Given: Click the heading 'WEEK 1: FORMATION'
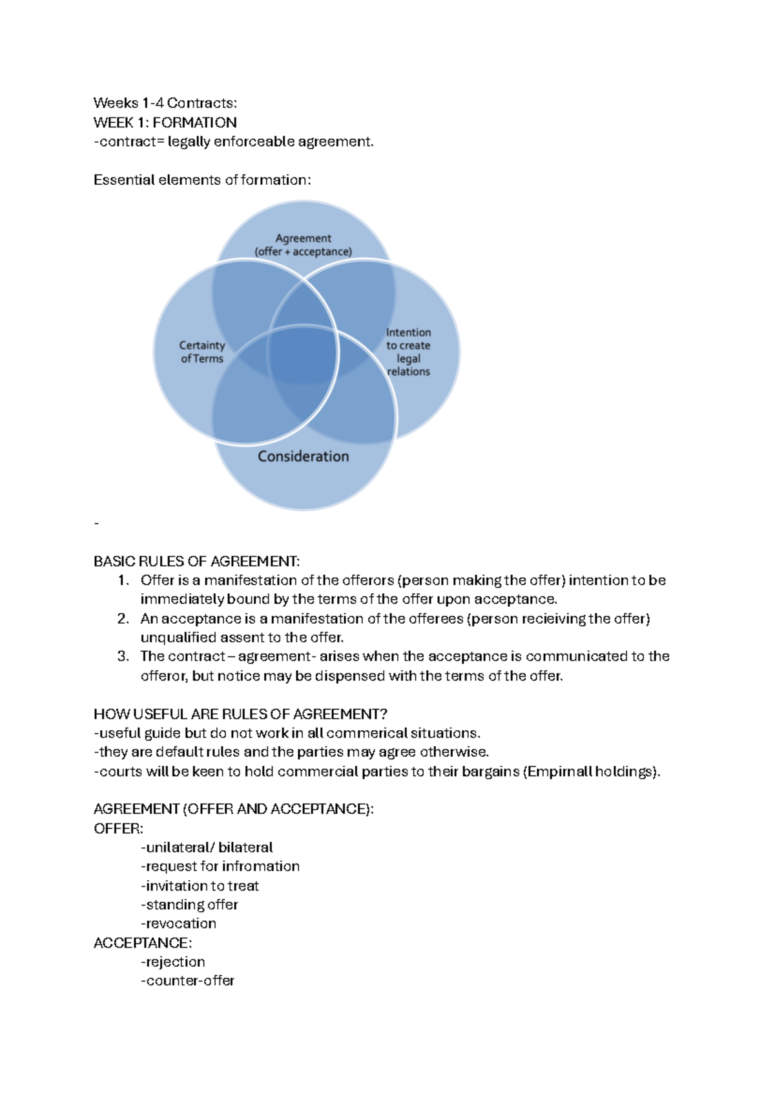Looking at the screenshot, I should pos(165,122).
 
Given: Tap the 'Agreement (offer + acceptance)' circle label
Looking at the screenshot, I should pos(303,245).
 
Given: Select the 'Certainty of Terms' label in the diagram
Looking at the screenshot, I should pos(202,352).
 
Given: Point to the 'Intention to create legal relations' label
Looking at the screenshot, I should pos(408,352).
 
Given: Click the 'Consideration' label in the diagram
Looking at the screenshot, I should pos(303,456).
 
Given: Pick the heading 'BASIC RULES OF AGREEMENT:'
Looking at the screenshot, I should pos(196,561).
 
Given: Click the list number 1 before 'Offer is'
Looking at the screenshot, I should pos(123,580).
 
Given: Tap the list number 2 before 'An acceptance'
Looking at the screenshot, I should pos(123,618).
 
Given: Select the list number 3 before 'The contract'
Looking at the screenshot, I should pos(123,657).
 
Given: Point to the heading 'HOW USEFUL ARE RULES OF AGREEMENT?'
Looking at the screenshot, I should pos(240,714).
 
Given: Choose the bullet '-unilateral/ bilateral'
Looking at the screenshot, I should pos(207,847).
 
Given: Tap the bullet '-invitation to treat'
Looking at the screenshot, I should pos(200,885).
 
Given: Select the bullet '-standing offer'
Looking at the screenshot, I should pos(189,905).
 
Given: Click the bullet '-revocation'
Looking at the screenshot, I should pos(178,923).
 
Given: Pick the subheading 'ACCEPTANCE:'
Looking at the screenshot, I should pos(143,943).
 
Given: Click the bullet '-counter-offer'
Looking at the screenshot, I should pos(187,981).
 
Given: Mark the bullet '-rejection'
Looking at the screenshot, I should pos(172,962).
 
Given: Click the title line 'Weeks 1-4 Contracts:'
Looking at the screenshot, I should pos(165,103).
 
